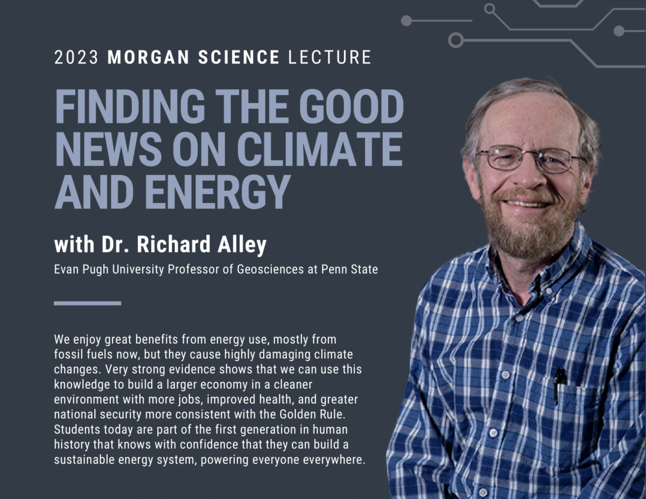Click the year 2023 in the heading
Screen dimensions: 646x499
[76, 57]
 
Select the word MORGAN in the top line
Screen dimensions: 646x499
[149, 57]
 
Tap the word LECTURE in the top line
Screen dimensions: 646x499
[329, 57]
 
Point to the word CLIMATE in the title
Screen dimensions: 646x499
[320, 149]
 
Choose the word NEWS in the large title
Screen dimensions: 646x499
[108, 149]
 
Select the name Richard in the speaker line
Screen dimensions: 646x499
[174, 244]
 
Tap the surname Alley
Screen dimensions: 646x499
[242, 245]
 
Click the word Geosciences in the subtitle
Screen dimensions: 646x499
[270, 269]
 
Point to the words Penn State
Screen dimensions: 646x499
[349, 269]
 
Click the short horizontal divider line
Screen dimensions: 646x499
[87, 303]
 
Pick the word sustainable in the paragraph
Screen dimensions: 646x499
[84, 460]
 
